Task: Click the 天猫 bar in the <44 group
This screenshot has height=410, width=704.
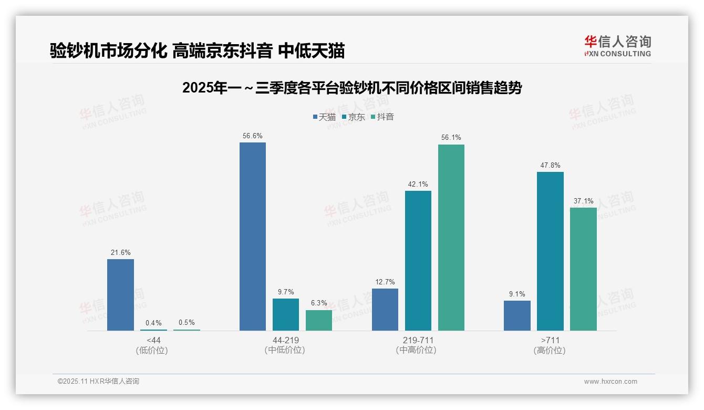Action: tap(120, 295)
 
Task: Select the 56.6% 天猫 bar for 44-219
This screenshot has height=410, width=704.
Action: tap(253, 237)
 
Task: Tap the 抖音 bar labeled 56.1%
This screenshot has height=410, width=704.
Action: tap(451, 238)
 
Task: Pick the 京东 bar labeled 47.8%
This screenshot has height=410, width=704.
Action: tap(550, 251)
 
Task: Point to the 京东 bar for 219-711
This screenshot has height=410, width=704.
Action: tap(418, 261)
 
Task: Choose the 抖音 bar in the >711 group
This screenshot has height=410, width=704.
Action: tap(583, 269)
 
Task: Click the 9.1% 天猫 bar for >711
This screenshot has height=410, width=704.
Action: tap(517, 315)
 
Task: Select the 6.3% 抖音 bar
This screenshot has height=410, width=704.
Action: tap(319, 320)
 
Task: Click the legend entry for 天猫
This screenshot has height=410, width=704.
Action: tap(324, 117)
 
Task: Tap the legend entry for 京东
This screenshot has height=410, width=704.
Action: tap(354, 117)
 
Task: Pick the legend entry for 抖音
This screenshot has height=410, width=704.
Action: tap(382, 117)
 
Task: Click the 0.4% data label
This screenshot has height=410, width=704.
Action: tap(153, 323)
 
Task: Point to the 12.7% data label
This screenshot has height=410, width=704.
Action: tap(385, 282)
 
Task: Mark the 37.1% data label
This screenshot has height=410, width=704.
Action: tap(583, 201)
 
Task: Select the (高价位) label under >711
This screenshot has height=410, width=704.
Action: tap(550, 350)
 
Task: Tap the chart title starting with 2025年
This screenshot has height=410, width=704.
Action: tap(351, 88)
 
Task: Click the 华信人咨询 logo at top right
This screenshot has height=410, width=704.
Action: tap(617, 46)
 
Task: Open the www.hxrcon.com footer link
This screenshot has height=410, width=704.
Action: tap(610, 382)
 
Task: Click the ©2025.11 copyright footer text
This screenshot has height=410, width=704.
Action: tap(98, 381)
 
